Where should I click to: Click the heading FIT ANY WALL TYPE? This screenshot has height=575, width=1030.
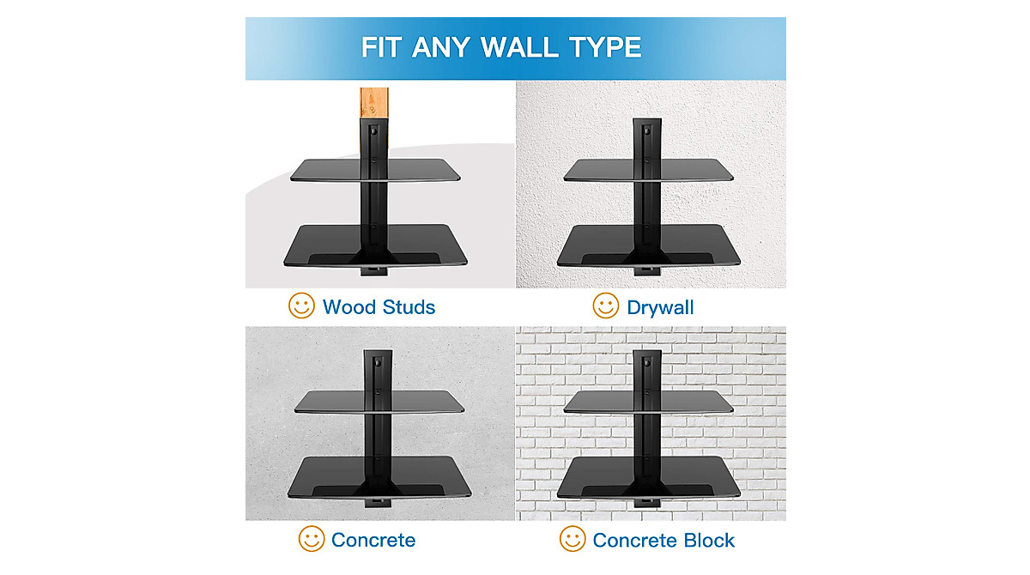501,46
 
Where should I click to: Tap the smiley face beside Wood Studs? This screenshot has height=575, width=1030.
301,306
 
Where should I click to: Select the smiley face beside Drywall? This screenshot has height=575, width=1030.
606,306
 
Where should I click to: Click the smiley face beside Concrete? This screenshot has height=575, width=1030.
311,539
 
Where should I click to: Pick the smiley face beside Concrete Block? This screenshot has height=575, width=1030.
573,539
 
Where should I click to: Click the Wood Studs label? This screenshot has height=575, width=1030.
379,306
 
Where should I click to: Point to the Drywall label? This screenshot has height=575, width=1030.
660,306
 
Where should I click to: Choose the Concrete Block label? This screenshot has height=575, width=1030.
663,540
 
